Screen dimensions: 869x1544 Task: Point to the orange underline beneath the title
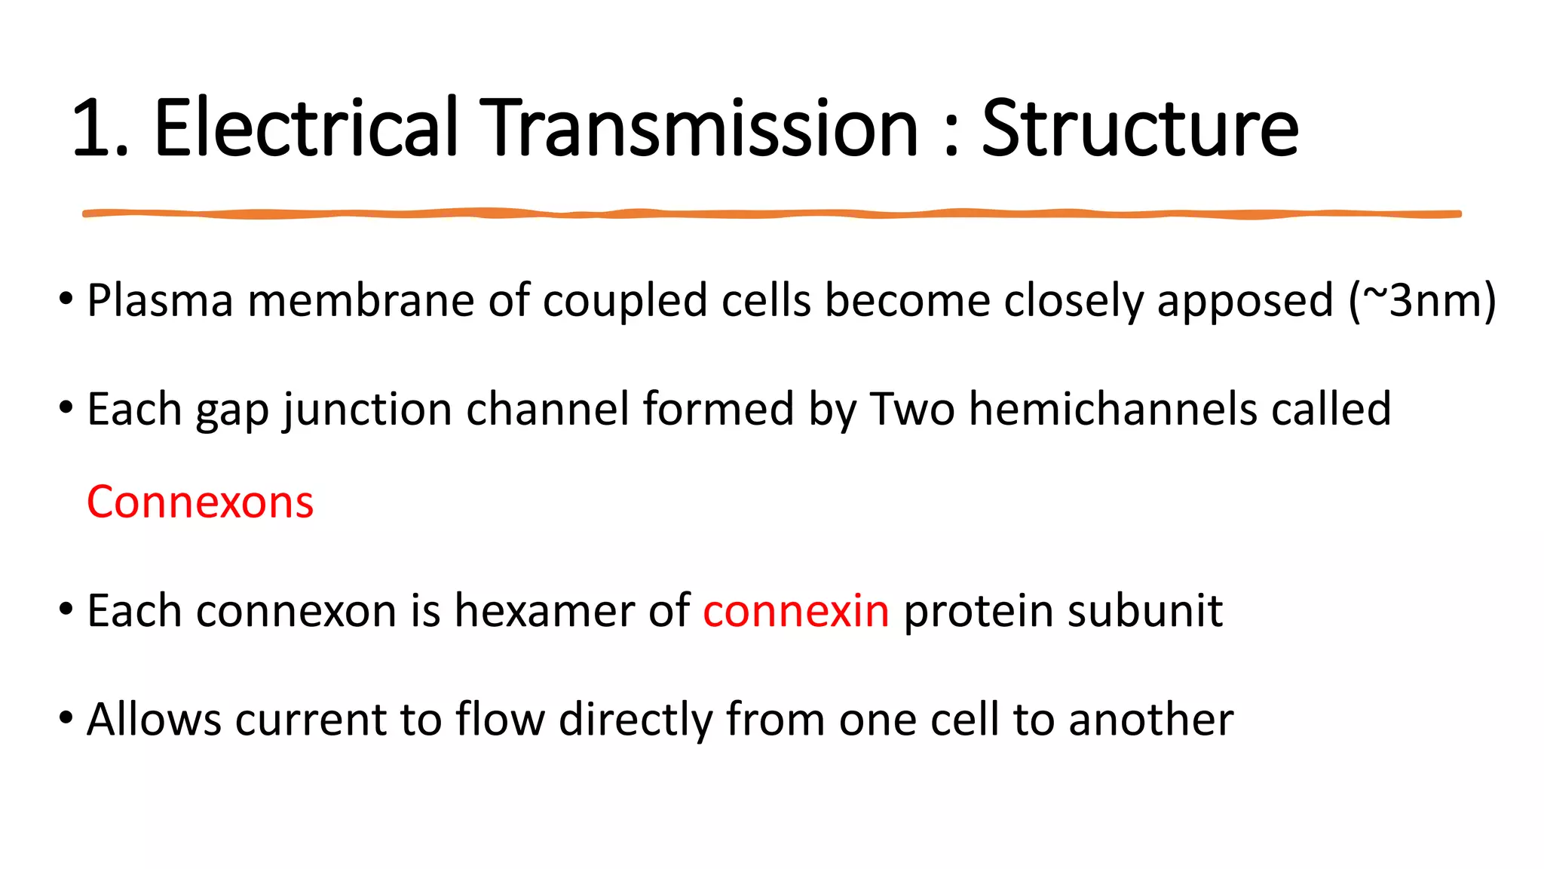click(x=772, y=214)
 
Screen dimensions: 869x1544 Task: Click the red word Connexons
click(x=200, y=502)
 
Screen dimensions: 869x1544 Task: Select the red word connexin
click(x=795, y=611)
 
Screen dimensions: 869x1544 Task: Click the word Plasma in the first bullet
click(x=160, y=300)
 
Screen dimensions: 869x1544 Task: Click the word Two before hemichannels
click(x=912, y=409)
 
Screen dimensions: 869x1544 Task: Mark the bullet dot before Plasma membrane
click(x=66, y=299)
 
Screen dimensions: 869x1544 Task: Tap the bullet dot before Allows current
click(x=66, y=718)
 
